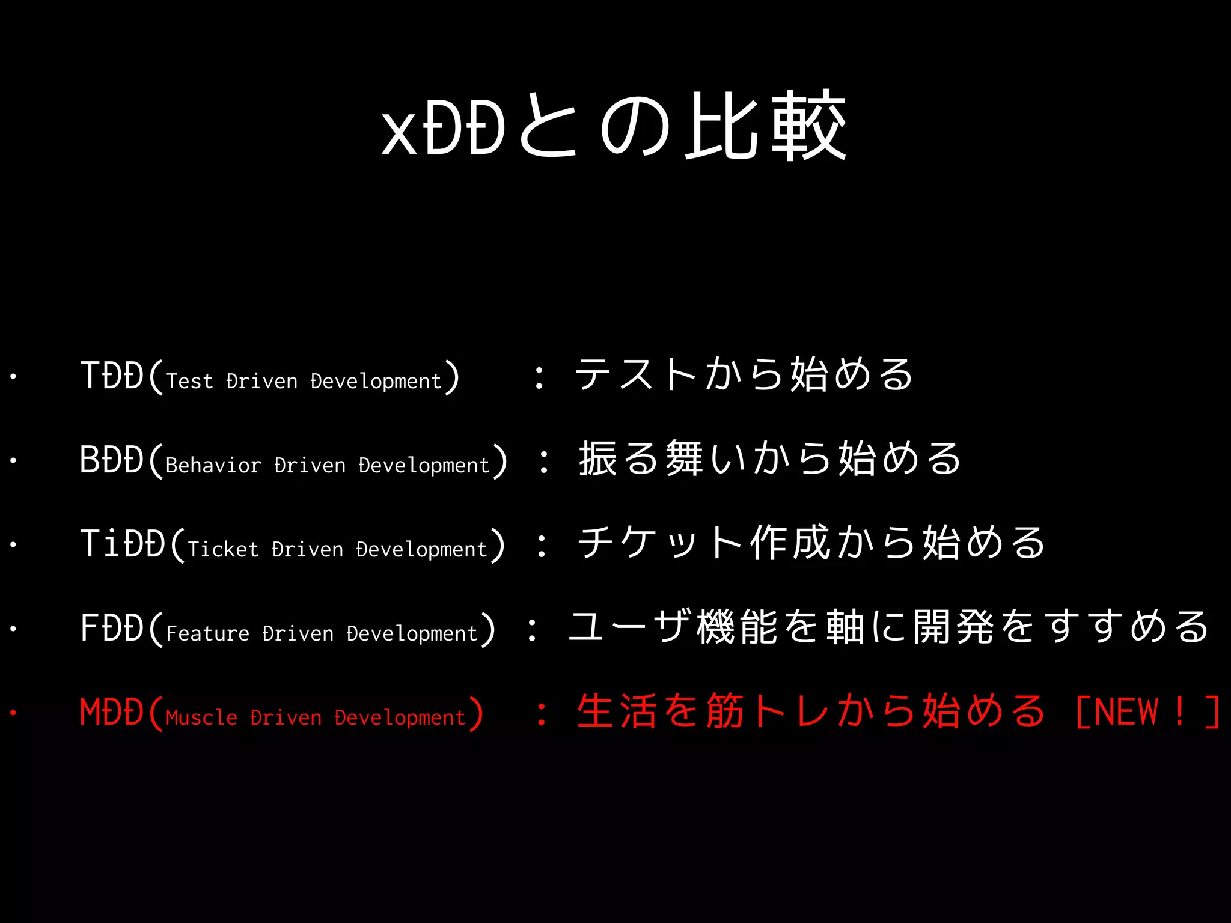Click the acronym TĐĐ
112,376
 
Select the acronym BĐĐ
112,460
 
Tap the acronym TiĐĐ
123,544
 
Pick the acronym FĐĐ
112,629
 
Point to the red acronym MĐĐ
112,713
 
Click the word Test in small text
189,382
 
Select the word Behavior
213,466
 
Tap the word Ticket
223,550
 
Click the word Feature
207,634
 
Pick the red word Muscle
201,718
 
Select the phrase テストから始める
744,374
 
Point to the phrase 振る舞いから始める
769,458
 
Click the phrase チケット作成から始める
811,543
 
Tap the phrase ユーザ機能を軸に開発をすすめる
888,627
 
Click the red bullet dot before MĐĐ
13,713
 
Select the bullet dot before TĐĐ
13,377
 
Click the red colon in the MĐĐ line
542,713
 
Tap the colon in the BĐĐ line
544,461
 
